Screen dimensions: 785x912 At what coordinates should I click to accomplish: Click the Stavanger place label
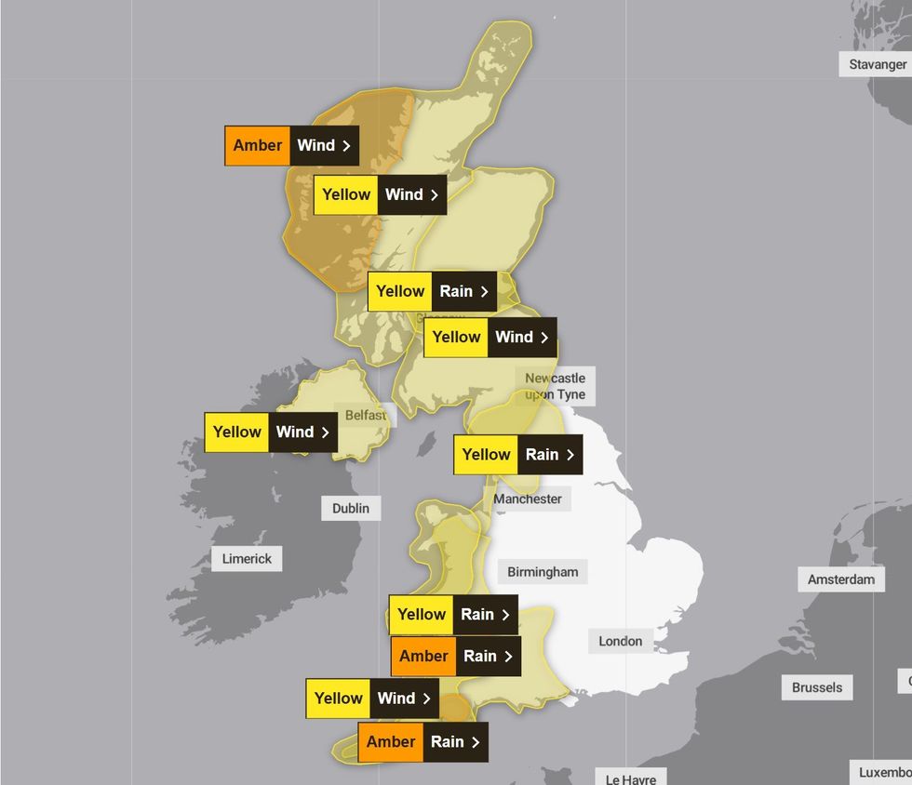click(x=878, y=64)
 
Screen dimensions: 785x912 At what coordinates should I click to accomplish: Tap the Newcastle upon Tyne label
click(x=555, y=386)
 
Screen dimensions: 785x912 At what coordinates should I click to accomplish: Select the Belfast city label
click(x=366, y=415)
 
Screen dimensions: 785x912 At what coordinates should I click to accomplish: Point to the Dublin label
click(x=351, y=508)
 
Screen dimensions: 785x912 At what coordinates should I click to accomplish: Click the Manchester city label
click(x=528, y=499)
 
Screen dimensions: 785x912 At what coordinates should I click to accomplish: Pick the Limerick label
click(x=247, y=559)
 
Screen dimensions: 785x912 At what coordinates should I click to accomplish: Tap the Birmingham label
click(x=543, y=572)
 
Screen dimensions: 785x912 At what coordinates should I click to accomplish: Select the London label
click(x=620, y=641)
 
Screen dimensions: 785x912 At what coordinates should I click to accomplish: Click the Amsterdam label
click(x=841, y=579)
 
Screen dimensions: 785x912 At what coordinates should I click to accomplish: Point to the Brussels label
click(x=817, y=687)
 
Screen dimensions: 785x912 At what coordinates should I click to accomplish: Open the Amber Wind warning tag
click(x=291, y=146)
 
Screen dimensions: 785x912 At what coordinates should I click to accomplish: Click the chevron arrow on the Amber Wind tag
click(x=346, y=146)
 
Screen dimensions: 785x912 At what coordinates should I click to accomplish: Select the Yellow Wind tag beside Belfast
click(x=271, y=432)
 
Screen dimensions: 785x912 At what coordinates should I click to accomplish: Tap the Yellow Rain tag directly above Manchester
click(x=518, y=455)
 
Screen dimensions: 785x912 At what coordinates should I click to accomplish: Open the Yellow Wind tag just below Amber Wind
click(x=380, y=195)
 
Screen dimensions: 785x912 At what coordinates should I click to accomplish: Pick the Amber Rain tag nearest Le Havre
click(x=422, y=742)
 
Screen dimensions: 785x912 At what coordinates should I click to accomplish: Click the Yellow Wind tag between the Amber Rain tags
click(x=372, y=699)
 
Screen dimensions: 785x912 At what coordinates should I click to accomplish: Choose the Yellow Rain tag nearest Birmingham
click(x=453, y=615)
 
